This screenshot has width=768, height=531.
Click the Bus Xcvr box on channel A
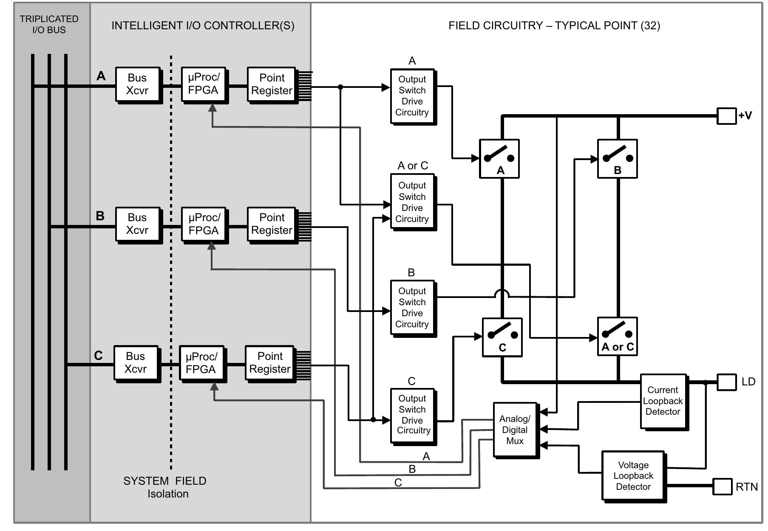tap(138, 84)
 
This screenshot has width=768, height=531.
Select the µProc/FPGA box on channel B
tap(204, 224)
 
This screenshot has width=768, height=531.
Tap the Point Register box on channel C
tap(269, 362)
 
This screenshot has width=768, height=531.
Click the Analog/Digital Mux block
tap(515, 430)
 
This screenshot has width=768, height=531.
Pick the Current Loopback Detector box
tap(663, 401)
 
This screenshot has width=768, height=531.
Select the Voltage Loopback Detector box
tap(633, 475)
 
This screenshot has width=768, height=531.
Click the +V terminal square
tap(726, 116)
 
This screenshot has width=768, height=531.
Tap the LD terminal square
tap(726, 382)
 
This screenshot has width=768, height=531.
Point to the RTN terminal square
tap(722, 486)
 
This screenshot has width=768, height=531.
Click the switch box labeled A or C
tap(617, 336)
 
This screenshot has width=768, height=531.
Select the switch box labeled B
tap(617, 158)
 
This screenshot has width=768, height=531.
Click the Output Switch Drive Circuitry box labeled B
tap(412, 308)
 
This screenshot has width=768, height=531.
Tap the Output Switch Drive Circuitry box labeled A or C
tap(412, 202)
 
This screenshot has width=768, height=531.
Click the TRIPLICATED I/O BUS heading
tap(49, 24)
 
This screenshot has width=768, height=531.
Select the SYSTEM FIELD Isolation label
tap(165, 487)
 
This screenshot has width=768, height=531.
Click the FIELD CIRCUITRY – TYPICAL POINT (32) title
tap(554, 25)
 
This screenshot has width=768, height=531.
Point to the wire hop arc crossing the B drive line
tap(502, 293)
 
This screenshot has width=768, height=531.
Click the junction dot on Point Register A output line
tap(340, 87)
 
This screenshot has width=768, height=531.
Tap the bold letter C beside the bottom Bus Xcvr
tap(98, 355)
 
